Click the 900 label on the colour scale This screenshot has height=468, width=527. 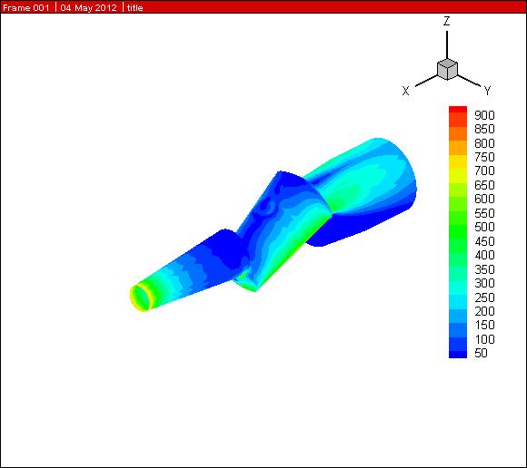tap(484, 115)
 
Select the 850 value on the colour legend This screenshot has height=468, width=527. tap(484, 129)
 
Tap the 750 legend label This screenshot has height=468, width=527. tap(484, 157)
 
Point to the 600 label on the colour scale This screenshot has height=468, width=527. tap(484, 199)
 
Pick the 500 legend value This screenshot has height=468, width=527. tap(484, 227)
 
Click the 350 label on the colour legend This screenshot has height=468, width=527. tap(484, 269)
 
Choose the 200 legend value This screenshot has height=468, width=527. tap(484, 311)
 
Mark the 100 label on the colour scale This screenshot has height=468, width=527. tap(484, 339)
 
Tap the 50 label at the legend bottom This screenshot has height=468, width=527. tap(481, 353)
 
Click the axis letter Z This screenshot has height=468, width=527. tap(446, 21)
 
